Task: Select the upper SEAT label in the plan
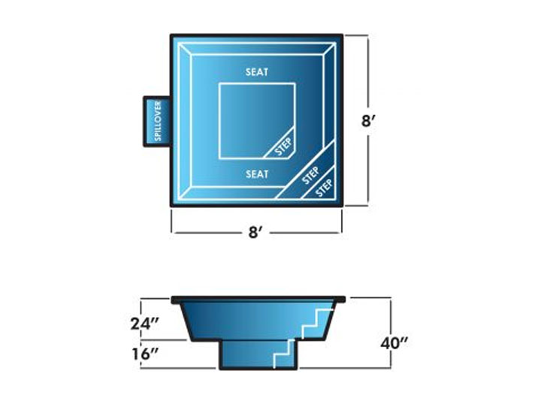click(x=258, y=72)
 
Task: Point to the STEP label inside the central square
click(x=284, y=148)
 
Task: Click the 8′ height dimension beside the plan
click(x=367, y=120)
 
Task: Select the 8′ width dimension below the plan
click(x=256, y=233)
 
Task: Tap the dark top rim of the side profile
click(x=260, y=299)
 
